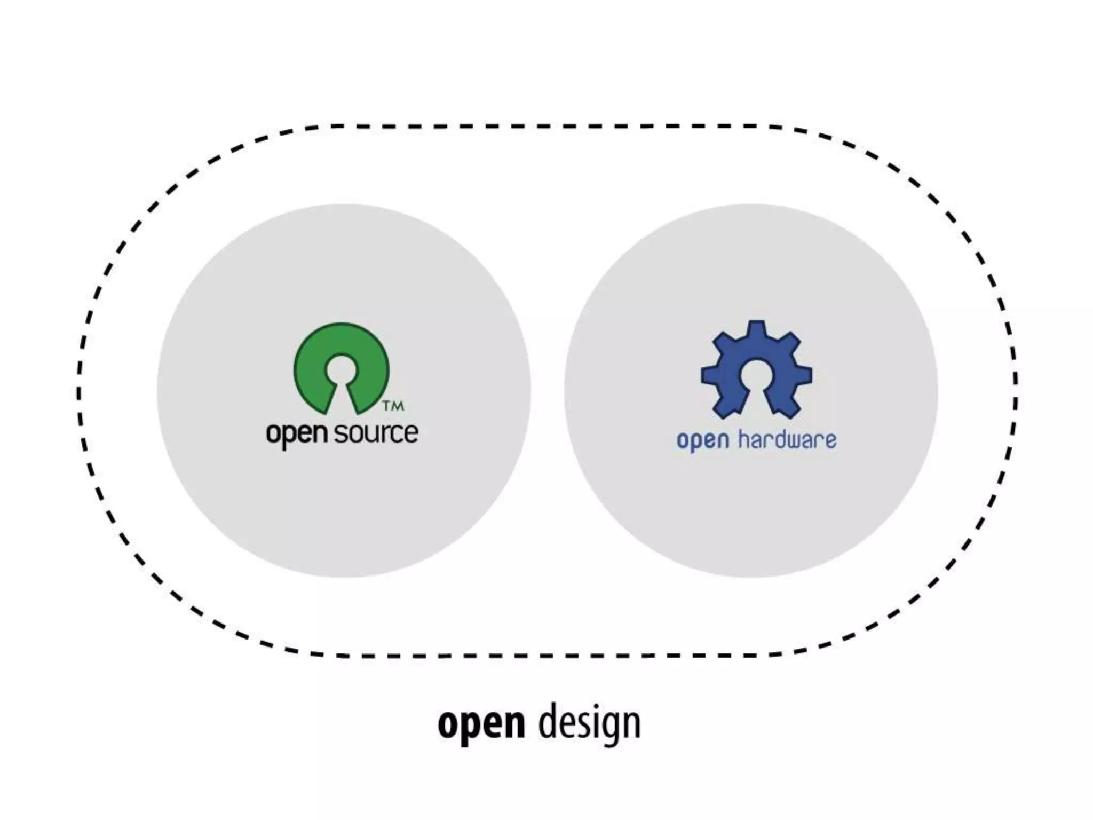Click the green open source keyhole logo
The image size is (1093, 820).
342,352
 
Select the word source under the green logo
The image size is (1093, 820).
376,433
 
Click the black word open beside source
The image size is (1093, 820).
296,434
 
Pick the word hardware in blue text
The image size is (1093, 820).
787,440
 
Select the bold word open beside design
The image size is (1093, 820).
481,724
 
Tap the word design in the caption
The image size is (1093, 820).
589,724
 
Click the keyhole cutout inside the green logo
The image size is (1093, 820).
342,371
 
